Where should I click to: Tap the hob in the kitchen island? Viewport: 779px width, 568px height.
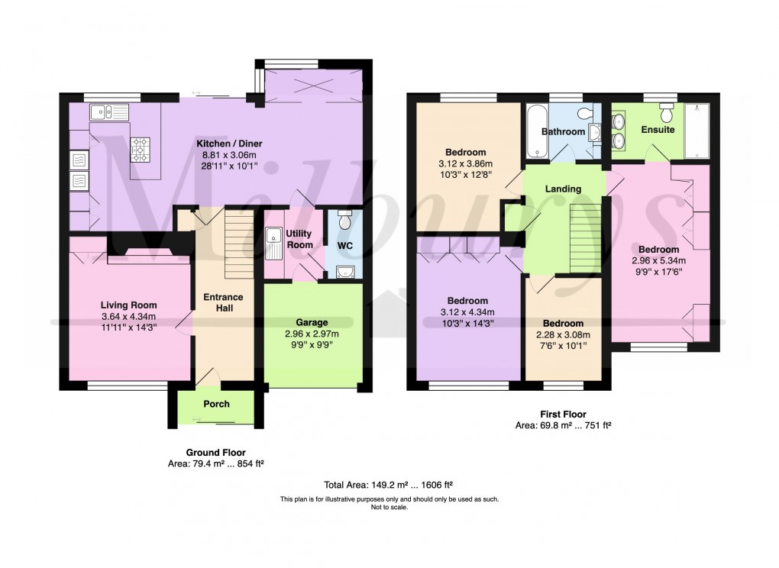pyautogui.click(x=141, y=149)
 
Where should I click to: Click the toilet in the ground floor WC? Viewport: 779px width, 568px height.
pyautogui.click(x=344, y=221)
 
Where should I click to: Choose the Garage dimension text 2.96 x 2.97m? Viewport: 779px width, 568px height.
pyautogui.click(x=311, y=334)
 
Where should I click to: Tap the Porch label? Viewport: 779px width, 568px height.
pyautogui.click(x=216, y=404)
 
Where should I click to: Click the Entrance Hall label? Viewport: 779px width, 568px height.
pyautogui.click(x=223, y=302)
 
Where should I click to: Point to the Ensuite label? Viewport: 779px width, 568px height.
pyautogui.click(x=658, y=130)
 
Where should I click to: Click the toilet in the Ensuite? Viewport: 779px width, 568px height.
pyautogui.click(x=667, y=113)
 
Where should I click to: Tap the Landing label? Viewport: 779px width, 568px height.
pyautogui.click(x=564, y=189)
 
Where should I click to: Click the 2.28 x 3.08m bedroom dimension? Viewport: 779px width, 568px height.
pyautogui.click(x=564, y=334)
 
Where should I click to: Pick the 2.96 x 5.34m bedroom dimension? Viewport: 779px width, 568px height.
pyautogui.click(x=658, y=260)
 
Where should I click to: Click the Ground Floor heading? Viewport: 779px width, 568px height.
pyautogui.click(x=216, y=453)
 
